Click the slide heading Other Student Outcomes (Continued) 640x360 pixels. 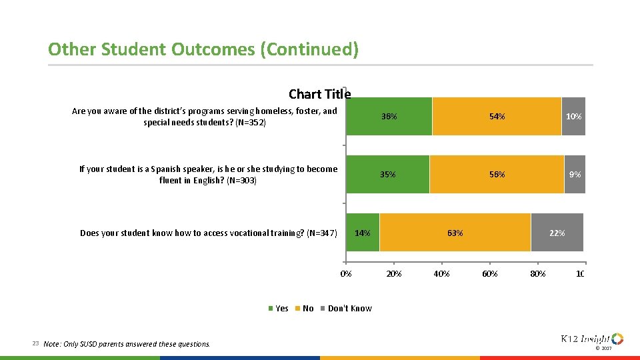point(203,49)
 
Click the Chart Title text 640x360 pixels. point(319,94)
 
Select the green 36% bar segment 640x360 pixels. point(389,116)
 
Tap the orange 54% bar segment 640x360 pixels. point(497,116)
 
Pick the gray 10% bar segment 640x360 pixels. point(573,116)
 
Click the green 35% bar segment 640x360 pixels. point(388,174)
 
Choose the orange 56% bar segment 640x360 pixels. point(497,174)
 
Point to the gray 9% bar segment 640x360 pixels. point(575,174)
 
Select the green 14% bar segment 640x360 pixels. point(363,233)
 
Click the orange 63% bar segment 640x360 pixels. point(455,233)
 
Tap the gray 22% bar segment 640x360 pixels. point(557,233)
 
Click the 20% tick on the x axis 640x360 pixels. point(394,274)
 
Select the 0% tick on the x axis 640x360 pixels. point(346,274)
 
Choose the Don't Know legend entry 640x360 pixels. point(346,308)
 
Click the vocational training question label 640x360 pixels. point(209,233)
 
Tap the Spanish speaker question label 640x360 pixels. point(208,174)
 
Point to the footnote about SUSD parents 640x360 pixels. point(126,344)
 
